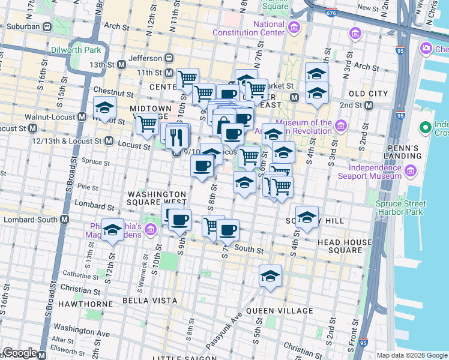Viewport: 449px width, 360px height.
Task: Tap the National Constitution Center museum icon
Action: (294, 28)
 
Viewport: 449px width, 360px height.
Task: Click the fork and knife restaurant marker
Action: (176, 137)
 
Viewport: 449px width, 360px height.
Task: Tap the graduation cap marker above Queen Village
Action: (270, 276)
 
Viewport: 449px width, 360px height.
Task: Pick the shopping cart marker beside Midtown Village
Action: (147, 124)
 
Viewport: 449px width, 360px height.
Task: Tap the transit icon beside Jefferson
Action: (170, 58)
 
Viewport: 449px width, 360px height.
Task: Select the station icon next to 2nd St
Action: (369, 105)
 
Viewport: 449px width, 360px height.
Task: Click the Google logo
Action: (20, 353)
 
